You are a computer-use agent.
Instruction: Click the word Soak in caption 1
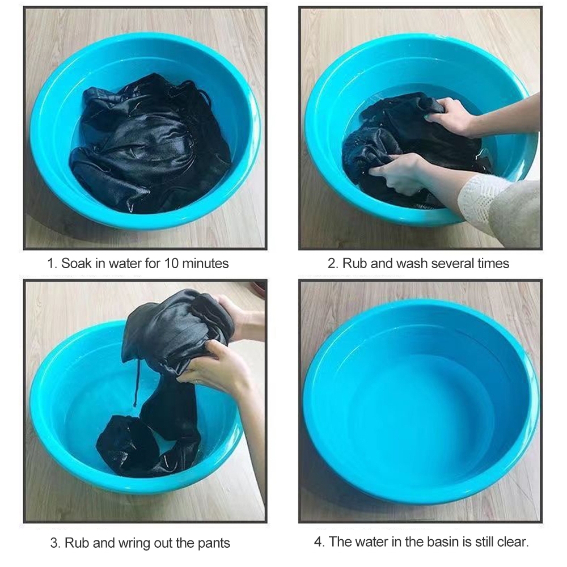point(76,263)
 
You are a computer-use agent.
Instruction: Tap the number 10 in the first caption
point(171,263)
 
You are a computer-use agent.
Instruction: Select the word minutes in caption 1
point(205,263)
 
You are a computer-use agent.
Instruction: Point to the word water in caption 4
point(373,541)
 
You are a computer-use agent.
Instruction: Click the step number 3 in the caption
point(55,543)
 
